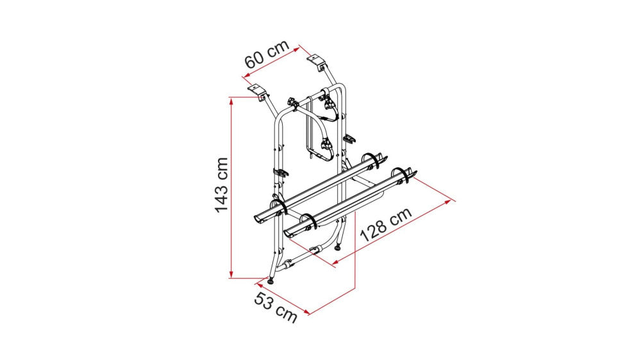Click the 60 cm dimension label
[267, 54]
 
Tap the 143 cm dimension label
[222, 184]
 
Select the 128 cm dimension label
[385, 225]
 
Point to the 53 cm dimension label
[276, 307]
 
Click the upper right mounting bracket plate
[316, 59]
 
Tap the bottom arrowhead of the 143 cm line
[231, 275]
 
